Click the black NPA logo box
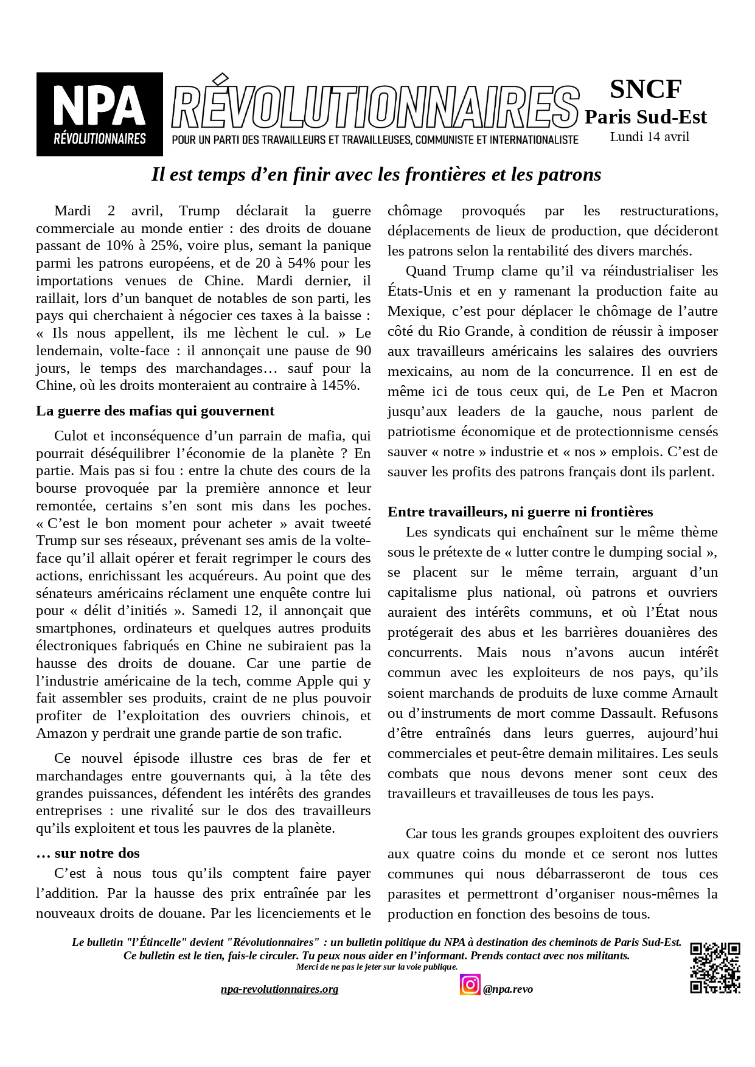click(99, 114)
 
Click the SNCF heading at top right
click(645, 89)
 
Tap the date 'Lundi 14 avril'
click(649, 137)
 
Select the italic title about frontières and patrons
click(376, 175)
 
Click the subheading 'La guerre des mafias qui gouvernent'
click(155, 411)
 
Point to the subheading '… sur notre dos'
click(88, 853)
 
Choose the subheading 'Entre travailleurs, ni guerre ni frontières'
click(520, 512)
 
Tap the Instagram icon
click(470, 984)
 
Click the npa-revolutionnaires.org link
click(279, 989)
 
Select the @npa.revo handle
click(508, 989)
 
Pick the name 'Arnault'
click(695, 693)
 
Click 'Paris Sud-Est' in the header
click(645, 117)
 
